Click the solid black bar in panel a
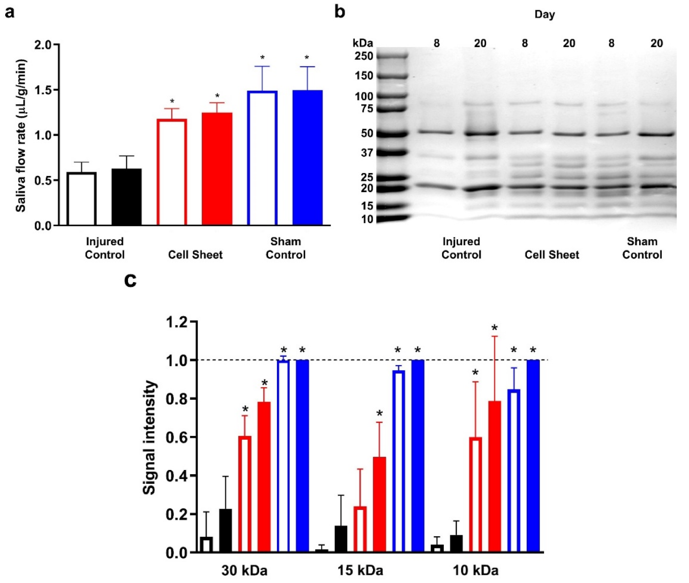pyautogui.click(x=127, y=197)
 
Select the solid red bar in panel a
pyautogui.click(x=217, y=169)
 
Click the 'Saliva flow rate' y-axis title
pyautogui.click(x=21, y=136)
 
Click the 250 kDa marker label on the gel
pyautogui.click(x=364, y=56)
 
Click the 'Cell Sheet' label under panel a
pyautogui.click(x=195, y=255)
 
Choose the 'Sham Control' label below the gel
pyautogui.click(x=642, y=248)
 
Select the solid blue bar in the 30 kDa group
pyautogui.click(x=302, y=456)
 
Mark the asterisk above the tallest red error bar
pyautogui.click(x=494, y=328)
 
